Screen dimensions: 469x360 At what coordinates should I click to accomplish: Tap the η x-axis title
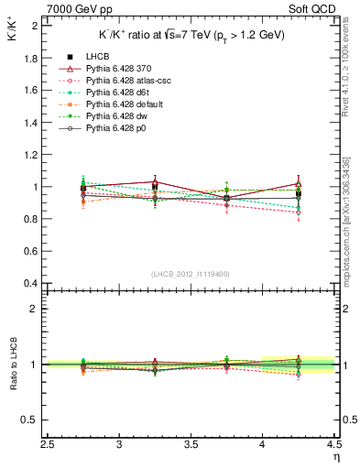336,456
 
